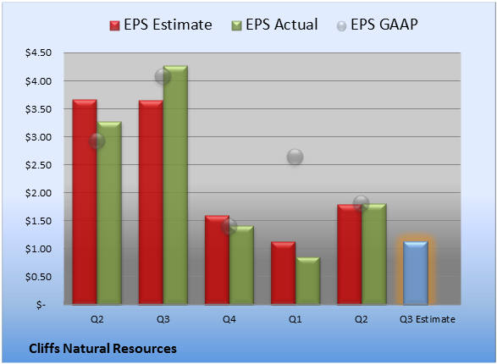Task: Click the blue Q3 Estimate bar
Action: click(x=416, y=273)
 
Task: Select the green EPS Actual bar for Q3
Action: click(x=175, y=185)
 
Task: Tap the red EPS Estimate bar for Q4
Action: click(x=217, y=260)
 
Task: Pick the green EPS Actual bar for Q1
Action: click(x=307, y=281)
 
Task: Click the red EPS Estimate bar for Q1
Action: click(x=283, y=273)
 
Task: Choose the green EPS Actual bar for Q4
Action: click(x=241, y=265)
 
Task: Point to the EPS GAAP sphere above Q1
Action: click(x=295, y=157)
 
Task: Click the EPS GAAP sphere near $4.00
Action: click(x=163, y=76)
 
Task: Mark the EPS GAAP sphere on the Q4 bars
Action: click(x=229, y=226)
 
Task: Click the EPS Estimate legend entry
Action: click(x=161, y=25)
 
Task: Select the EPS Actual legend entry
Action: click(x=274, y=25)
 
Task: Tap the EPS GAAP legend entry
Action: click(x=377, y=25)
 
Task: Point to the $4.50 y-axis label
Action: click(x=38, y=52)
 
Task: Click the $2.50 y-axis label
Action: click(x=38, y=165)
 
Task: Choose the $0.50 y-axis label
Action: click(x=38, y=277)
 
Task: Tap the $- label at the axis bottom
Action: click(x=41, y=305)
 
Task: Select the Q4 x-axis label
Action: click(x=229, y=319)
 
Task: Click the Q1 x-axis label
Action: click(x=295, y=319)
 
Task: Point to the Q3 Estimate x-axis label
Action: click(x=428, y=319)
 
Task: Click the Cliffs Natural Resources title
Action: click(x=102, y=349)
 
